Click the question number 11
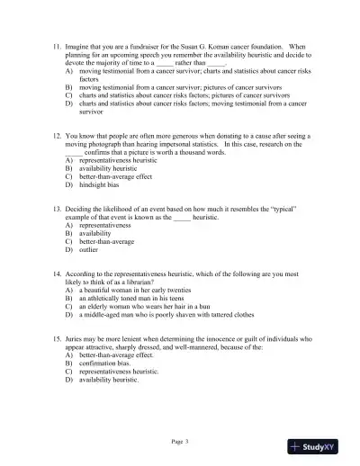(x=56, y=45)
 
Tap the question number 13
(x=56, y=209)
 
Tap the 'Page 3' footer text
(x=180, y=441)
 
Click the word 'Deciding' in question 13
(x=83, y=209)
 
